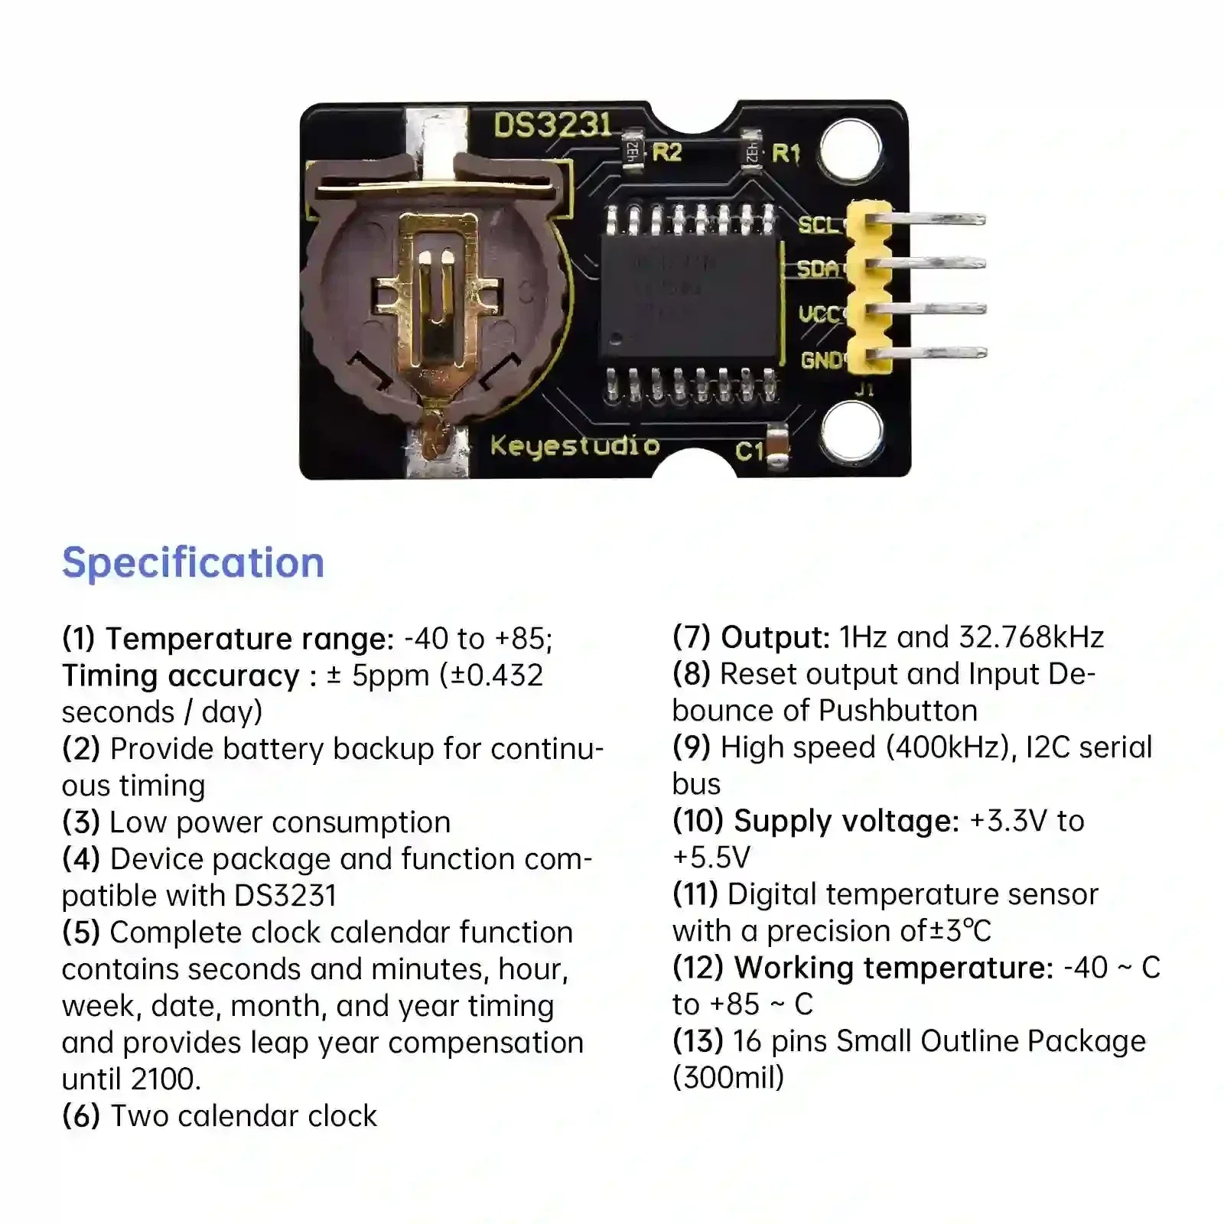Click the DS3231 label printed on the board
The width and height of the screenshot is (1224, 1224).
(x=552, y=125)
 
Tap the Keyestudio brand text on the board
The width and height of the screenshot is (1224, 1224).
(x=575, y=445)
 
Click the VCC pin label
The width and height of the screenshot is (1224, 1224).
(x=819, y=314)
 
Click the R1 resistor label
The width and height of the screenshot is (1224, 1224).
(x=786, y=154)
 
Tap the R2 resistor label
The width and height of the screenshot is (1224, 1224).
(x=666, y=152)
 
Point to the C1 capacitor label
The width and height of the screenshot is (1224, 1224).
(x=750, y=451)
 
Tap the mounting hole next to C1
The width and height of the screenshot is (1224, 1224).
(x=851, y=431)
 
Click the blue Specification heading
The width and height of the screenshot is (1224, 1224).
(x=194, y=564)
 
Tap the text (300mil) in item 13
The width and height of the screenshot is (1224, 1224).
(x=728, y=1078)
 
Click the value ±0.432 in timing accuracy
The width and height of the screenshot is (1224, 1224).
(x=491, y=675)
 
